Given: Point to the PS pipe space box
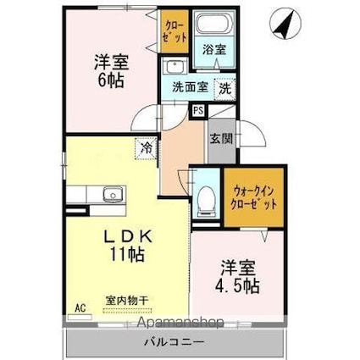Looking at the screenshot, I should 197,109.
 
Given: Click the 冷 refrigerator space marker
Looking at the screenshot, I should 146,148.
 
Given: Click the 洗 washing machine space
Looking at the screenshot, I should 224,86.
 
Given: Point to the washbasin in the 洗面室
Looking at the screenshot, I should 176,67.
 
